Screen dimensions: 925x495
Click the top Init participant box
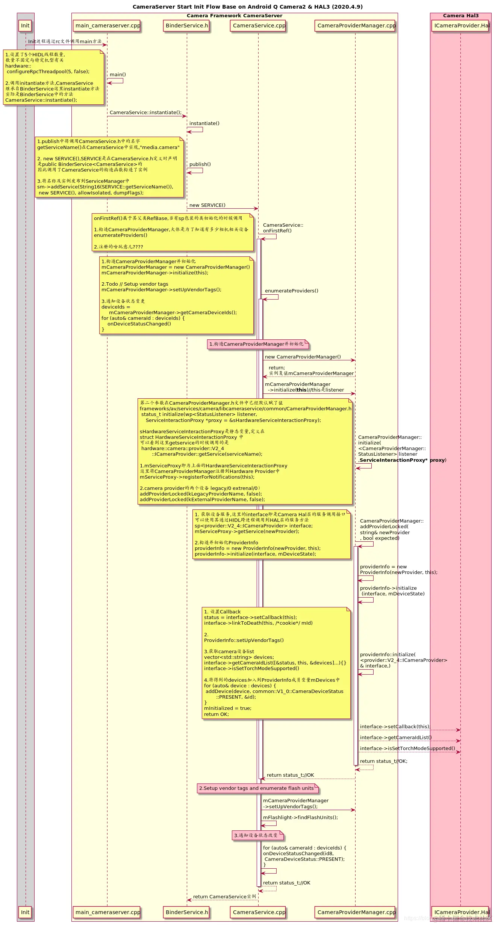[25, 26]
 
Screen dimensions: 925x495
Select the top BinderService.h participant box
[187, 26]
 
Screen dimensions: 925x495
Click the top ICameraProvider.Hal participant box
[462, 26]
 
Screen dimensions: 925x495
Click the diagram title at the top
[247, 7]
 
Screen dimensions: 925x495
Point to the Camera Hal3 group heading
[460, 16]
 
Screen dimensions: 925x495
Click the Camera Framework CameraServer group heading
[234, 16]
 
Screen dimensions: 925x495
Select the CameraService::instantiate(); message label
[145, 112]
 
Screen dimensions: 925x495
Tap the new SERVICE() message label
[207, 205]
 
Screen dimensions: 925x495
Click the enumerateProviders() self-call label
[291, 291]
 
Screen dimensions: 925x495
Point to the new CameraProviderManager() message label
[303, 357]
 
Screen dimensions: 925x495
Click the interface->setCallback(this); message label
[395, 726]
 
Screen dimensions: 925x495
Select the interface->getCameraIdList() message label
[395, 737]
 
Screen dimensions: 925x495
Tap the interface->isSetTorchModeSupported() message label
[407, 748]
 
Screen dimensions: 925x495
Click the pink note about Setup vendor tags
[258, 788]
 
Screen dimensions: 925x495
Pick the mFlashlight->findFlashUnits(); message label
[300, 817]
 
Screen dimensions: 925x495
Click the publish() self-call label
[200, 164]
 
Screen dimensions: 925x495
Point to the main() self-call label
[118, 74]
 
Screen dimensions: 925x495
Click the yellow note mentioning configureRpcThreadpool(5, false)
[53, 77]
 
